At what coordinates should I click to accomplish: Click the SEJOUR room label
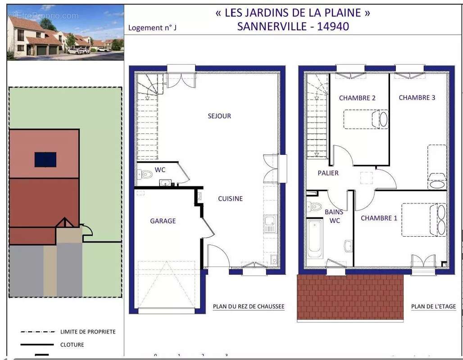pos(219,116)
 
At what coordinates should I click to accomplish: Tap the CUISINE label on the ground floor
pos(230,198)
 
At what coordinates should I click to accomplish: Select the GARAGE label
pos(163,221)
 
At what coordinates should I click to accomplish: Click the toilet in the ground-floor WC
pos(145,174)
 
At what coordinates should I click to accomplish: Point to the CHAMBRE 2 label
pos(357,98)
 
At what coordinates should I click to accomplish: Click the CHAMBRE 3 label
pos(417,98)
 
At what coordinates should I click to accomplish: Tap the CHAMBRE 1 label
pos(379,218)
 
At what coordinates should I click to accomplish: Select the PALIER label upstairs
pos(328,173)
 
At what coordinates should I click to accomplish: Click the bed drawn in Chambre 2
pos(366,119)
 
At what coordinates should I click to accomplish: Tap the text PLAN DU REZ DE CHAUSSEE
pos(248,307)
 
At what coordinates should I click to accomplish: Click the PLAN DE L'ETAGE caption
pos(433,306)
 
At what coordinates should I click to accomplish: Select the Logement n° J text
pos(152,28)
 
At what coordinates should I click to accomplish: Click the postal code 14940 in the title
pos(333,26)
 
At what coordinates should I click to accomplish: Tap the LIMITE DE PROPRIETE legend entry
pos(88,332)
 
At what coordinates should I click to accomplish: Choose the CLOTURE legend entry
pos(72,345)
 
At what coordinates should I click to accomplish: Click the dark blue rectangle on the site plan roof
pos(45,159)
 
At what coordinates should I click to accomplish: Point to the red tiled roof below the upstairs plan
pos(350,297)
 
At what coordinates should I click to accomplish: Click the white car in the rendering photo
pos(75,51)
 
